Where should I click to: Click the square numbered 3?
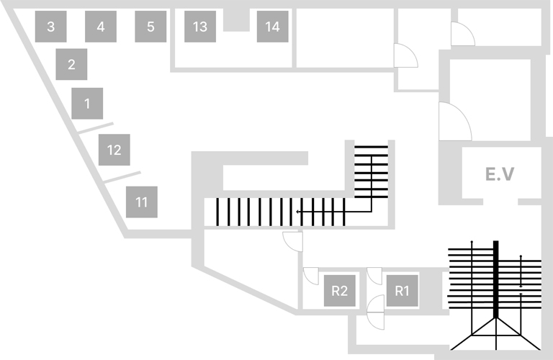[x=50, y=27]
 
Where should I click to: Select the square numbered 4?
[x=101, y=27]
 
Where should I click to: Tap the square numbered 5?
[x=150, y=27]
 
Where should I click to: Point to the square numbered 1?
[x=87, y=104]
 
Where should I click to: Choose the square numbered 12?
[x=114, y=150]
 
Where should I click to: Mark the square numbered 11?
[x=141, y=202]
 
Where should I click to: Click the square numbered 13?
[x=200, y=27]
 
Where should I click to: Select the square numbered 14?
[x=272, y=27]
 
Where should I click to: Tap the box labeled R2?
[x=340, y=291]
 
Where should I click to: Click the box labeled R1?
[x=403, y=291]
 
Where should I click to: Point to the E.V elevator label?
[x=499, y=174]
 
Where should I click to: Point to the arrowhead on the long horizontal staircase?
[x=298, y=212]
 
